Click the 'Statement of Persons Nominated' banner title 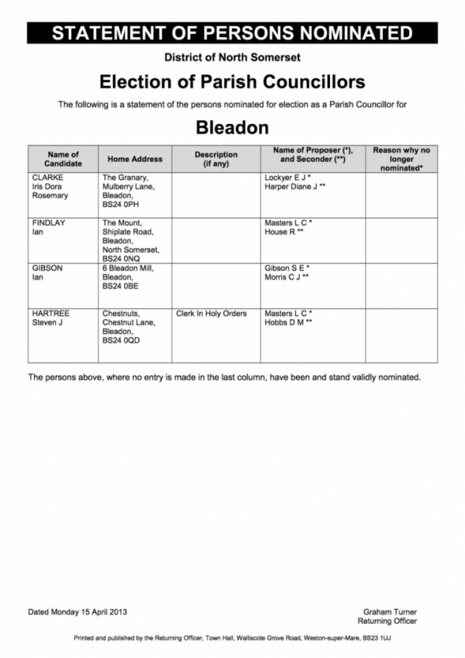point(232,33)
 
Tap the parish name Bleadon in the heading point(232,126)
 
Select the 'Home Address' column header point(135,159)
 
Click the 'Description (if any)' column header point(215,159)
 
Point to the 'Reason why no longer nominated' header point(401,158)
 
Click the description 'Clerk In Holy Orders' point(212,313)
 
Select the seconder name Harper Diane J point(294,187)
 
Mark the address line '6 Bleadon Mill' point(128,267)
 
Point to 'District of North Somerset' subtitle point(232,57)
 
